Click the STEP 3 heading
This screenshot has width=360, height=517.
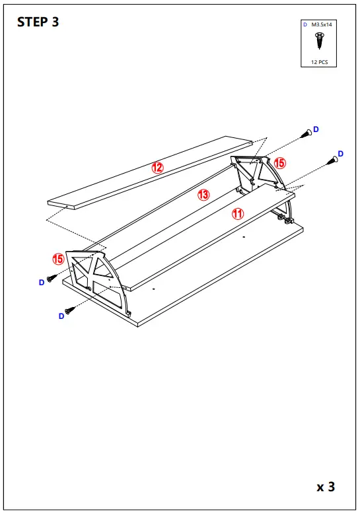coord(38,22)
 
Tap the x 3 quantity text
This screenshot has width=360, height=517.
coord(326,487)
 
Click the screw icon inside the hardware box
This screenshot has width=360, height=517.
coord(319,42)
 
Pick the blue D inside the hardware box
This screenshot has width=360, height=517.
coord(305,24)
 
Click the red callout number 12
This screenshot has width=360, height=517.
coord(157,168)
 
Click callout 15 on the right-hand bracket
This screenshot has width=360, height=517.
coord(279,162)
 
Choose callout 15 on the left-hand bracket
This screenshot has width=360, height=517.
coord(59,259)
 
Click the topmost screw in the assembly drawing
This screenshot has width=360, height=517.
coord(306,134)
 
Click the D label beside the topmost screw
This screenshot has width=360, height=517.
coord(316,129)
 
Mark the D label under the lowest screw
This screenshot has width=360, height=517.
coord(61,316)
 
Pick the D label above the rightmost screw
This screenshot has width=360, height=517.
coord(341,154)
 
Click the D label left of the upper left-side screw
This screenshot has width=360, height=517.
coord(41,282)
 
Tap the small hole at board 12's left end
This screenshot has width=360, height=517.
coord(66,205)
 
